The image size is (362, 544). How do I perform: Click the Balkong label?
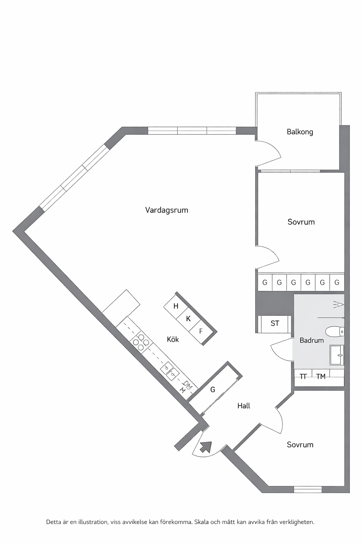pos(300,132)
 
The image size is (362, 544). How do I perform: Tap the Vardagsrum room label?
pos(167,210)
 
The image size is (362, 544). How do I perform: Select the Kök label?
pos(173,339)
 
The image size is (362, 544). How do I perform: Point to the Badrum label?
pos(311,340)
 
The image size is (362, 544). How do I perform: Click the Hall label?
pos(244,406)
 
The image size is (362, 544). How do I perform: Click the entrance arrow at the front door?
pos(206,447)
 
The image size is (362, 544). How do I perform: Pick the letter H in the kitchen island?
pos(176,306)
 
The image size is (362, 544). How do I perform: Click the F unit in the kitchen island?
pos(200,331)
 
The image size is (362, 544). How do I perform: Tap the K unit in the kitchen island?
pos(188,319)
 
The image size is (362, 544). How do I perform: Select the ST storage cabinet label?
pos(275,323)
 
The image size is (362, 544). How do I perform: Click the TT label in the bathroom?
pos(303,376)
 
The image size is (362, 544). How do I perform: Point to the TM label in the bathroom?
pos(321,376)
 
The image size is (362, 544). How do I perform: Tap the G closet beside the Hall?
pos(213,390)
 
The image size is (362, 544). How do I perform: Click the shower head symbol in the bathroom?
pos(338,305)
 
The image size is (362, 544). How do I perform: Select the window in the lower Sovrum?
pos(308,489)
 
